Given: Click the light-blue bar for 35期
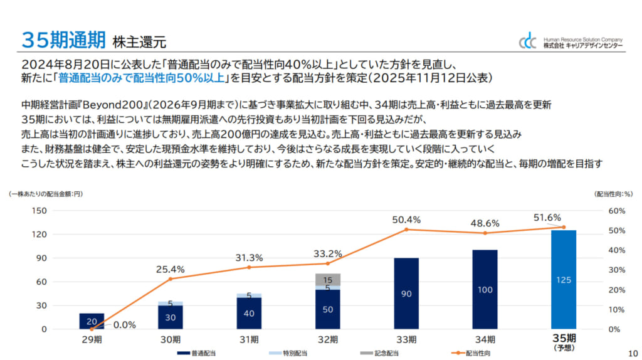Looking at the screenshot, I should tap(563, 279).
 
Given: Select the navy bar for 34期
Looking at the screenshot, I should tap(485, 289).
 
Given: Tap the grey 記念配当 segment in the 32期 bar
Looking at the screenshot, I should tap(327, 279).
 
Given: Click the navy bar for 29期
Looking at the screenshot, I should tap(92, 320).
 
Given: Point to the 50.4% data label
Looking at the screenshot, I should tap(406, 220).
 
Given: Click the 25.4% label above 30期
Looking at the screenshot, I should tap(170, 270).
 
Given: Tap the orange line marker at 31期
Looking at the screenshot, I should tap(249, 267).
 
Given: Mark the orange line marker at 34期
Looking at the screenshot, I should tap(485, 233).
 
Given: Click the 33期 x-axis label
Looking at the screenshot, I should tap(406, 340).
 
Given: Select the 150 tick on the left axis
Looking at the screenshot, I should tap(39, 211).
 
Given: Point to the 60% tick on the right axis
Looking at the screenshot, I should tap(616, 211).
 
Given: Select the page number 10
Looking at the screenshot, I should tap(631, 353).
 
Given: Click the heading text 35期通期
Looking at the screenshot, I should tap(63, 40).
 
